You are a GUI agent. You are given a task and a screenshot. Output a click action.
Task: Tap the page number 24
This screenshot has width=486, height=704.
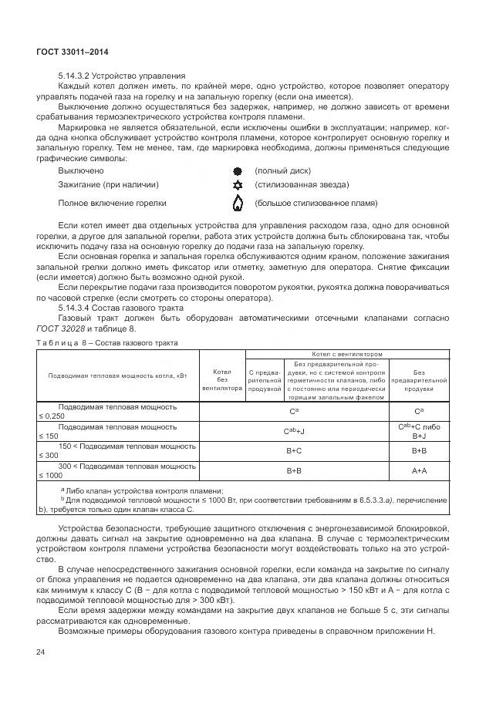(41, 652)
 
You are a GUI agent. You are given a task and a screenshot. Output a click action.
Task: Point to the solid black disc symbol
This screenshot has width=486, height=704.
(238, 170)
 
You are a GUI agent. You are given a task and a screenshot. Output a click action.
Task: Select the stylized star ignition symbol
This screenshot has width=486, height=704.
(238, 185)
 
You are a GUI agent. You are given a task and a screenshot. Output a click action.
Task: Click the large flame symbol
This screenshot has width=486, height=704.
(238, 204)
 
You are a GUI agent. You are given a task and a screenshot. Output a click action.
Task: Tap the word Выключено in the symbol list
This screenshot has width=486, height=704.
(81, 170)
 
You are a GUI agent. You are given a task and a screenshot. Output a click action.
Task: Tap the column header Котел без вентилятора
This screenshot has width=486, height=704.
(222, 379)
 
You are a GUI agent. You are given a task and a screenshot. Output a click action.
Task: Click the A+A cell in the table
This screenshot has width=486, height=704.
(419, 470)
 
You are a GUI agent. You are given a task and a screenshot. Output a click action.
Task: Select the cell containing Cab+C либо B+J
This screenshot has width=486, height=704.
(419, 430)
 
